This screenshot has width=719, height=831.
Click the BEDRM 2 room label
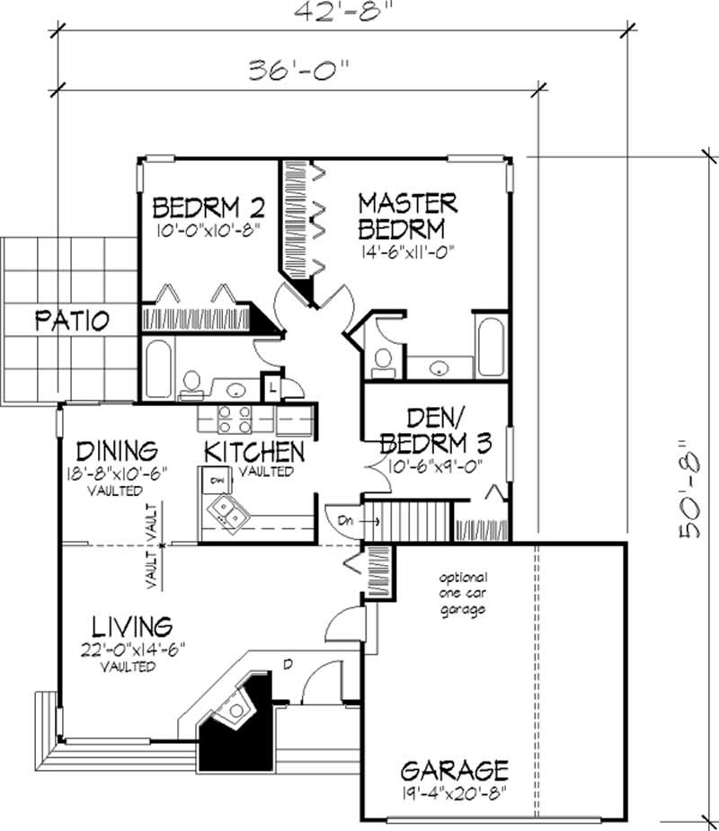(x=208, y=208)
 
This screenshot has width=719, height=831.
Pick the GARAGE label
(x=455, y=770)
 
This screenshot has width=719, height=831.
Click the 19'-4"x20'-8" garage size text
(x=455, y=793)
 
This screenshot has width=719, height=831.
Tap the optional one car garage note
(x=463, y=593)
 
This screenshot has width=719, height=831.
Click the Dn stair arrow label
(x=346, y=520)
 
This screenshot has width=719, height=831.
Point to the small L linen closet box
(x=272, y=387)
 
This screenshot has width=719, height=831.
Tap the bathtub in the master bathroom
(x=492, y=346)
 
